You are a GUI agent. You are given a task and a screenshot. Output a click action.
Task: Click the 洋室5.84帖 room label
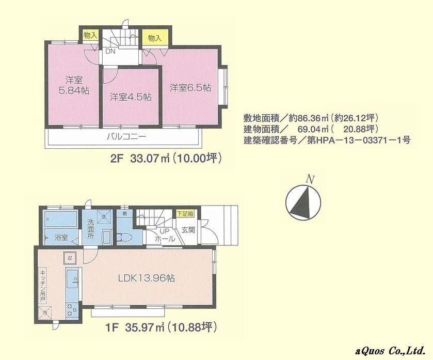coord(73,85)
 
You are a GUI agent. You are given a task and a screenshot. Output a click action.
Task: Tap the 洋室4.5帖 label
coord(130,97)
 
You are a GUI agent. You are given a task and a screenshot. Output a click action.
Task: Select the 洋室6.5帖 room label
coord(190,88)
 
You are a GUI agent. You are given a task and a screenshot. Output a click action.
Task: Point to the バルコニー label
coord(126,137)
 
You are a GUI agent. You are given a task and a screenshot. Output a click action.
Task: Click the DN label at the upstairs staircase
coord(110,52)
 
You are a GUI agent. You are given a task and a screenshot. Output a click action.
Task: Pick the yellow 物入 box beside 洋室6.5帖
coord(154,38)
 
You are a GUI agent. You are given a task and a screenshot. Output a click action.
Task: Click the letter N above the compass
coord(310,179)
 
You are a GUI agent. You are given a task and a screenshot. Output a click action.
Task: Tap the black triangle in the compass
coord(300,203)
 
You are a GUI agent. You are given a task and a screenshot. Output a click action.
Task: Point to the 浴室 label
coord(61,238)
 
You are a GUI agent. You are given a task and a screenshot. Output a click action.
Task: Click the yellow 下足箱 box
coord(184,213)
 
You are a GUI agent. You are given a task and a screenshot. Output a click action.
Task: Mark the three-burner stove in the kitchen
coord(70,308)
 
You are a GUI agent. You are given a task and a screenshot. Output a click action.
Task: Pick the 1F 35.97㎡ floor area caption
coord(163,327)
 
